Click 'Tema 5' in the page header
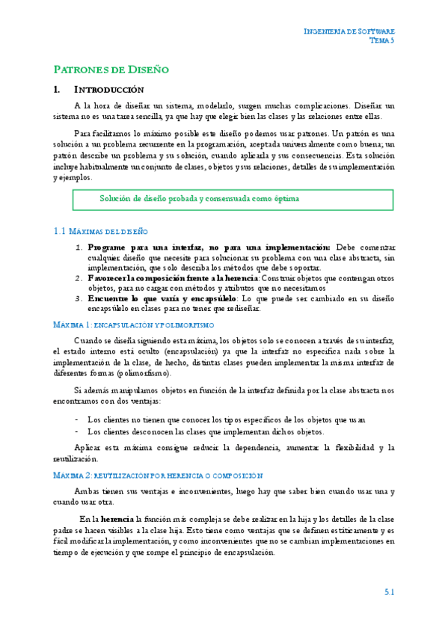[381, 40]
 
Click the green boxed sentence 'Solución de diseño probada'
[199, 199]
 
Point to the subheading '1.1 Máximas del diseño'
[101, 232]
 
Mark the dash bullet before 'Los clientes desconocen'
[78, 431]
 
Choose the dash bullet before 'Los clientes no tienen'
[78, 419]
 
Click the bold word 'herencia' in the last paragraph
[117, 518]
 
